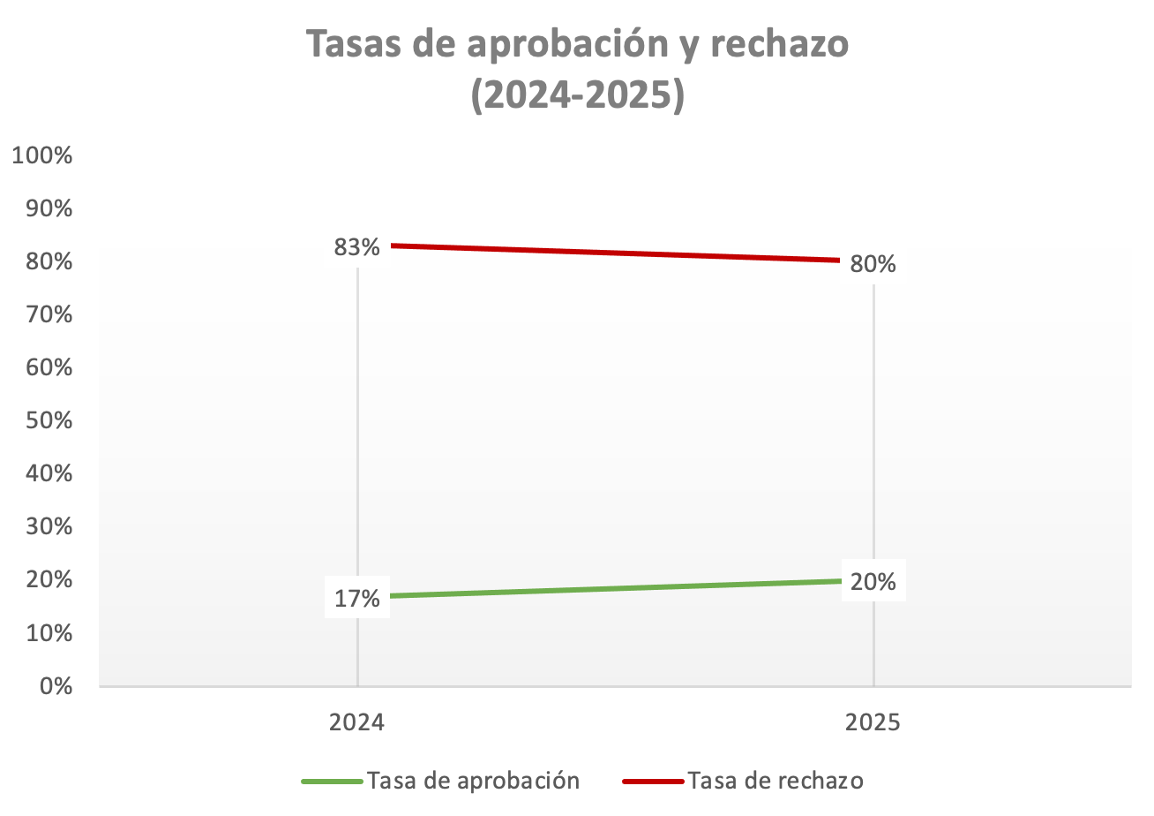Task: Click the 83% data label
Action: tap(356, 247)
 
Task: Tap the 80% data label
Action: tap(873, 264)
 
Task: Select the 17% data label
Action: tap(356, 599)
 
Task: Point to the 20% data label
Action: tap(873, 582)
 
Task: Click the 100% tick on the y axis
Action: tap(41, 155)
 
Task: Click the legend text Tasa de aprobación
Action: tap(474, 781)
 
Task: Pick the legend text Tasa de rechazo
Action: tap(776, 781)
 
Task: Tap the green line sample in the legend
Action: tap(332, 782)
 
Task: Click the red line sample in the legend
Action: tap(653, 782)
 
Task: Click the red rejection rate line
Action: tap(618, 253)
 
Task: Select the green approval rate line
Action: tap(618, 589)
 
